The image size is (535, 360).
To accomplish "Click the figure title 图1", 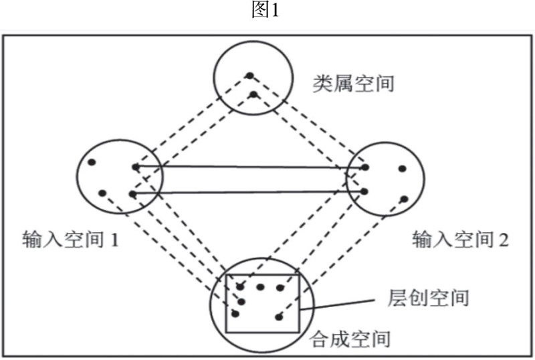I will (268, 11).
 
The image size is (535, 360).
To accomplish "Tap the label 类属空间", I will (354, 83).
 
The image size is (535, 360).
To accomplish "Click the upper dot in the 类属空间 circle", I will (249, 75).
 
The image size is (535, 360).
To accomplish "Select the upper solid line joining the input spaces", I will (251, 167).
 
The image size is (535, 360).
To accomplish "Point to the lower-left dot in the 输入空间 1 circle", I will (102, 193).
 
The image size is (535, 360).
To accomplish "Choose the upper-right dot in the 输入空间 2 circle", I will (402, 169).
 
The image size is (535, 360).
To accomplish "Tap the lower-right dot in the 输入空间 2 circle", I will (404, 198).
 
